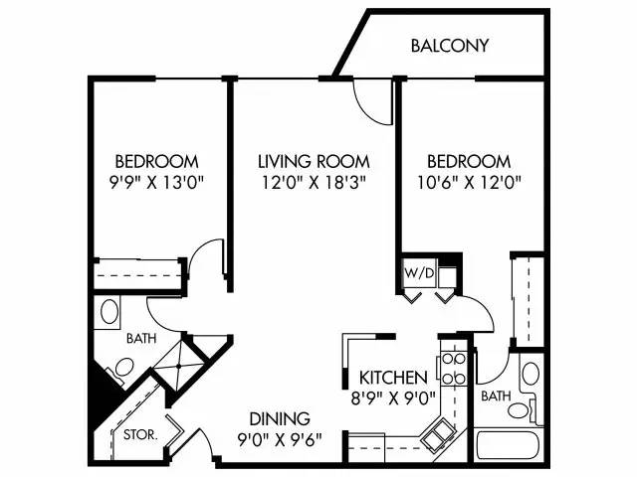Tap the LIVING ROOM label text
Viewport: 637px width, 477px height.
(314, 161)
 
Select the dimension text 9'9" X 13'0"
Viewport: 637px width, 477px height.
(156, 182)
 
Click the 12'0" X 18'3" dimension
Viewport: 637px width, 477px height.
(314, 182)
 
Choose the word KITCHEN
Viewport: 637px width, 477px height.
(394, 378)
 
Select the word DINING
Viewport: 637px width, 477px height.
(280, 418)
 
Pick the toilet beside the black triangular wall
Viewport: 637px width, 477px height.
(119, 371)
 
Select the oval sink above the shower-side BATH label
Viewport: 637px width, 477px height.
(109, 314)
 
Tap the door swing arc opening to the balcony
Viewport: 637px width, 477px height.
(371, 99)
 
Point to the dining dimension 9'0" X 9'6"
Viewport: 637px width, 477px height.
(280, 439)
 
